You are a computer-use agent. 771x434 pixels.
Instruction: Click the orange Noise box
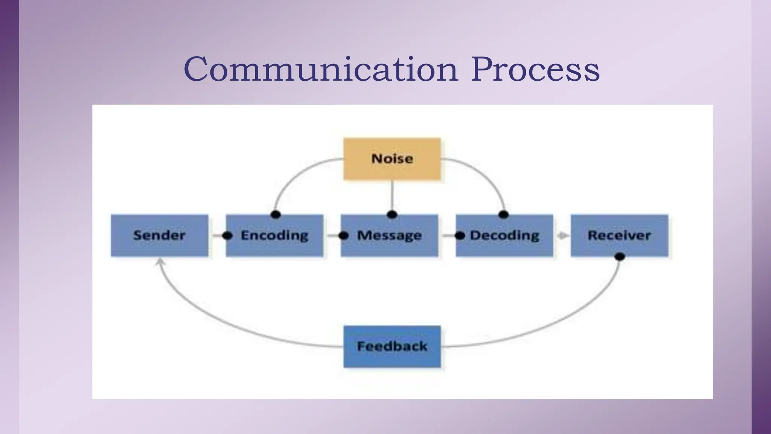[392, 159]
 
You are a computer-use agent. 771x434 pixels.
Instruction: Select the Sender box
[159, 235]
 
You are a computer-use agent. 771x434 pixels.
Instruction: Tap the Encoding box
[274, 235]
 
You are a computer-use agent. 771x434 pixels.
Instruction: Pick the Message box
[389, 235]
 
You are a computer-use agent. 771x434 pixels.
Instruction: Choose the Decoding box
[504, 235]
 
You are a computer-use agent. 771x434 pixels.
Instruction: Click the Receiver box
[619, 235]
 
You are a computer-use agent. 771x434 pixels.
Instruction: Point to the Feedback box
[392, 346]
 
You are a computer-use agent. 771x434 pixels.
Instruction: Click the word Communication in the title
[321, 69]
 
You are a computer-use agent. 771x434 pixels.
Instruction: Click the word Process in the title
[535, 69]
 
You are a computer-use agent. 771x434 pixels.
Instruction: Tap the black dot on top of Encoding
[276, 215]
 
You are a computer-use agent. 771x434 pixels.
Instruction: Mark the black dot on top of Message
[392, 215]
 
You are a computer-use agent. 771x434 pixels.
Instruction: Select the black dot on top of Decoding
[503, 215]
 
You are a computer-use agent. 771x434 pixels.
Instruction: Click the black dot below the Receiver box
[619, 257]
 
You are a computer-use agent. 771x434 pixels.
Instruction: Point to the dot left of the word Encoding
[227, 236]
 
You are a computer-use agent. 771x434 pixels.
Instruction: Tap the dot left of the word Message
[343, 236]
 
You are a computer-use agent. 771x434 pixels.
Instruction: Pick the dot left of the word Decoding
[460, 236]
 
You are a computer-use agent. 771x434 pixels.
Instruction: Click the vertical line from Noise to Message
[392, 196]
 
